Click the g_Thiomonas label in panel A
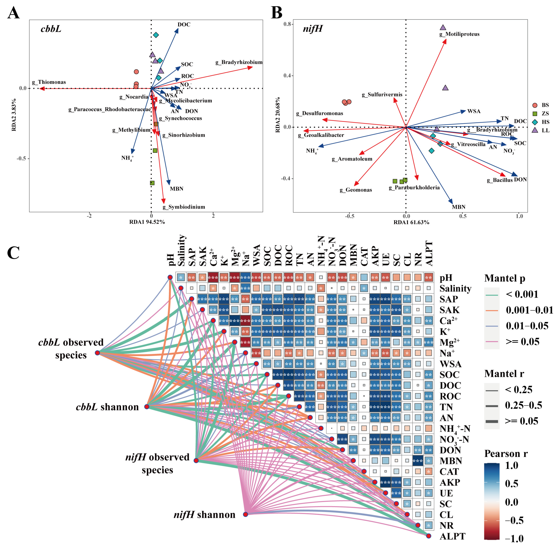point(49,82)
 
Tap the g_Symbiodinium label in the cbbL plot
point(184,207)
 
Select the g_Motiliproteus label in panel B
point(459,34)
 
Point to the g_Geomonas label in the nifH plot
point(356,190)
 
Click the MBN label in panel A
point(176,189)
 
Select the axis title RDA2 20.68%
point(278,115)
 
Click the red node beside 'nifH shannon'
point(246,514)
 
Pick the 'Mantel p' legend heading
point(505,278)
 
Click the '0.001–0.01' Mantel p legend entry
point(529,310)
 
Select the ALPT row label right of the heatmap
point(452,536)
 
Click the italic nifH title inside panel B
point(313,29)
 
